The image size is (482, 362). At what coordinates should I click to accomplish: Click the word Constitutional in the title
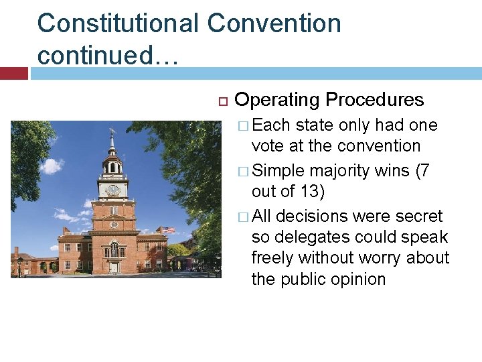117,23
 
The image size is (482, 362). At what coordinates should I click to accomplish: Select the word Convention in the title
274,23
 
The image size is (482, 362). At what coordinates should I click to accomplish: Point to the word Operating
277,100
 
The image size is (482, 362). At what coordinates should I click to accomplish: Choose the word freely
273,257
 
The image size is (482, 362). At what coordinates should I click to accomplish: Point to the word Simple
280,171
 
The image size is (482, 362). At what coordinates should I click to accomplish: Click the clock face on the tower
113,190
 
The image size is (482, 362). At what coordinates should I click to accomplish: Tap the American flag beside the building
167,231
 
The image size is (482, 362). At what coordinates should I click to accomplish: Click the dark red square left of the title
14,73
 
